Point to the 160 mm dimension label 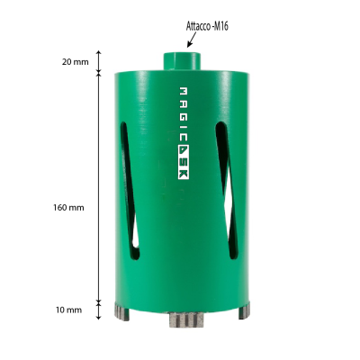pos(69,207)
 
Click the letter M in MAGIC pos(183,91)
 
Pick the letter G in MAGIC pos(183,117)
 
